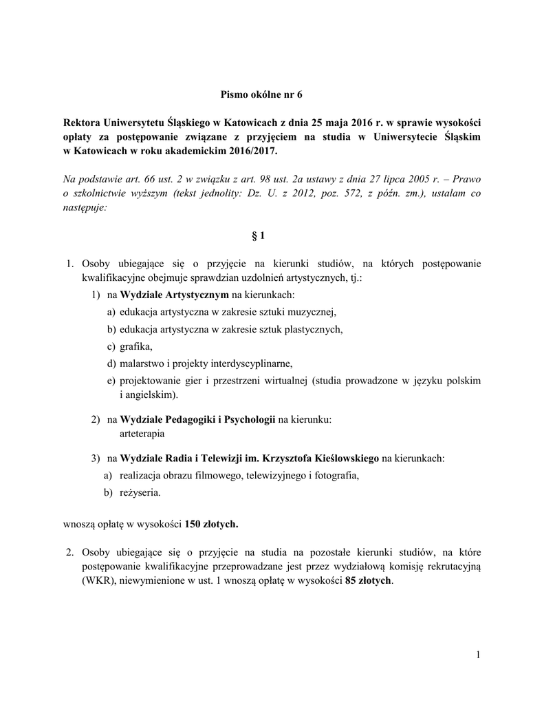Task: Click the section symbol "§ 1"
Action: (x=259, y=235)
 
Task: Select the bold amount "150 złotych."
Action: (x=212, y=524)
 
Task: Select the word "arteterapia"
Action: (x=142, y=434)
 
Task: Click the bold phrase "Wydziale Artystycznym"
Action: (x=174, y=295)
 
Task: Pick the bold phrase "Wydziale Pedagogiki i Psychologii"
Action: (x=197, y=419)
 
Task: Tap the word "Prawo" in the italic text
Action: (x=468, y=179)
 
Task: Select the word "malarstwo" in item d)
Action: (x=141, y=364)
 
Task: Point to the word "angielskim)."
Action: (x=148, y=395)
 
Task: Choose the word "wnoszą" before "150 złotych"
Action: (x=79, y=524)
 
